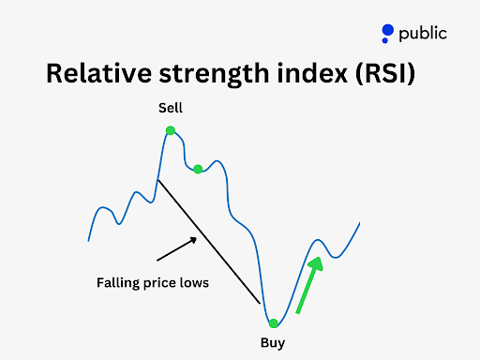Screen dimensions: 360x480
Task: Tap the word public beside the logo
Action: (x=423, y=34)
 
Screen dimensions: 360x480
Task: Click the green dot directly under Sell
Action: (x=171, y=130)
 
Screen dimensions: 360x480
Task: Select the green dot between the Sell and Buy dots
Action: (x=198, y=169)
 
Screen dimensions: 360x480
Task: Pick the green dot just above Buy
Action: (x=273, y=322)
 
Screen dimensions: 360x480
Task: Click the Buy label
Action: (x=272, y=342)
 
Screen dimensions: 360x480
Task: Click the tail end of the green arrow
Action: (x=298, y=311)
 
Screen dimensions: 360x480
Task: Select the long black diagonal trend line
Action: (x=209, y=241)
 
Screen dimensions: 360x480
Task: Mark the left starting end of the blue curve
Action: (x=89, y=240)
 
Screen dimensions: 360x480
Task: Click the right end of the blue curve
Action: (x=359, y=223)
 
